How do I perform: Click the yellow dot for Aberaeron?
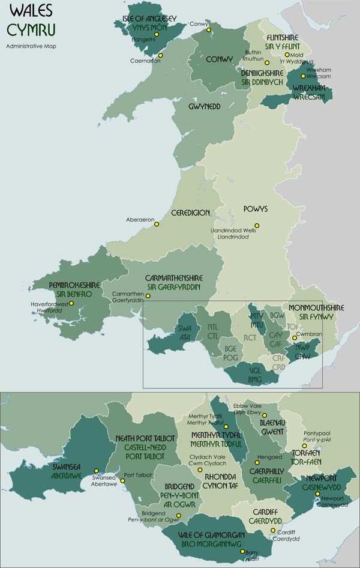[157, 225]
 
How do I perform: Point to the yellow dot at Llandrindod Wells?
[257, 226]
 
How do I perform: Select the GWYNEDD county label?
[205, 106]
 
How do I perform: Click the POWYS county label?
[255, 210]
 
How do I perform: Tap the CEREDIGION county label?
[190, 213]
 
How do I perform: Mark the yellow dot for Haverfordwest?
[71, 303]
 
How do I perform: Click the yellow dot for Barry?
[242, 551]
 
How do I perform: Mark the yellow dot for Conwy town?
[209, 29]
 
